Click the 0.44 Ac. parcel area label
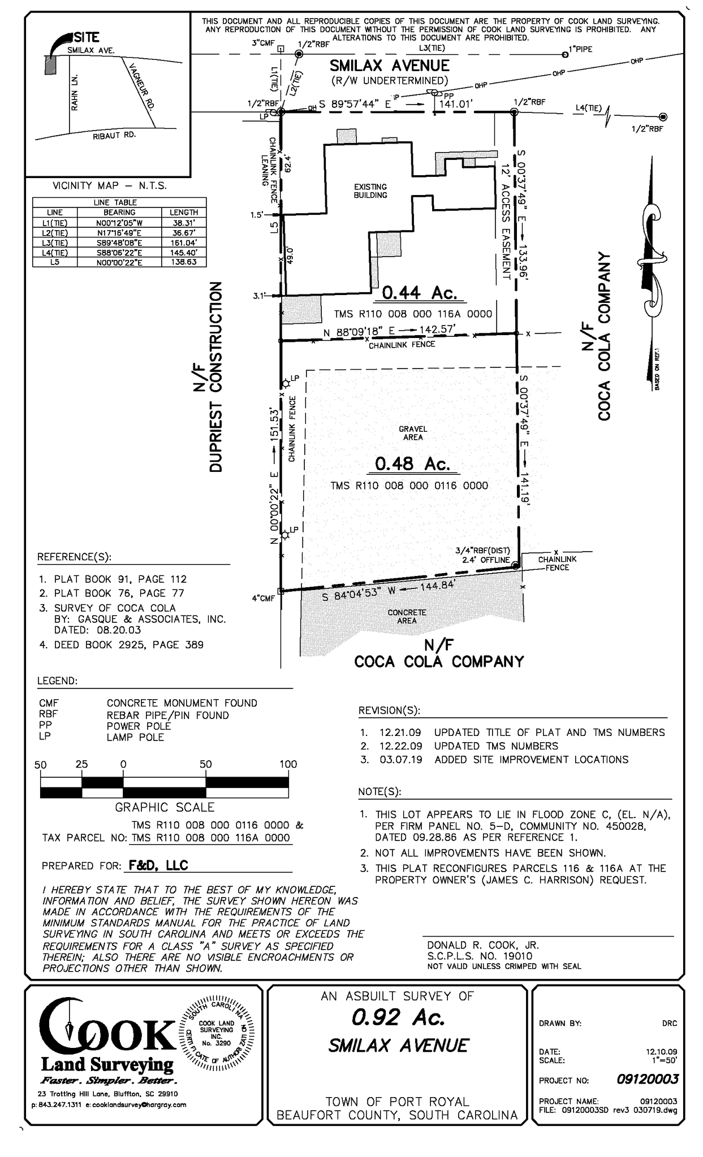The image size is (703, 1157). pyautogui.click(x=419, y=293)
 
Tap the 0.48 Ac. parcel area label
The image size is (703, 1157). pyautogui.click(x=412, y=464)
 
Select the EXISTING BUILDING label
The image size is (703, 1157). pyautogui.click(x=370, y=191)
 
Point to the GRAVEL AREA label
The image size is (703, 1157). pyautogui.click(x=413, y=433)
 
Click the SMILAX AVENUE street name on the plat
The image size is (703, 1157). pyautogui.click(x=390, y=66)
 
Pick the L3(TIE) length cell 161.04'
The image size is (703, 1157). pyautogui.click(x=184, y=242)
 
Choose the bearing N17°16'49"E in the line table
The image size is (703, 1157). pyautogui.click(x=119, y=232)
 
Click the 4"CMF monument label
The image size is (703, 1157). pyautogui.click(x=263, y=598)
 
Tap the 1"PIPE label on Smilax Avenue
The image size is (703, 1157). pyautogui.click(x=580, y=49)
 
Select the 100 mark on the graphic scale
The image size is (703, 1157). pyautogui.click(x=288, y=764)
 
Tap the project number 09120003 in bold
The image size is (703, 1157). pyautogui.click(x=647, y=1080)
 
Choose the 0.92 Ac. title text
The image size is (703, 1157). pyautogui.click(x=398, y=1018)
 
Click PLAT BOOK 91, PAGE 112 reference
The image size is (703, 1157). pyautogui.click(x=120, y=579)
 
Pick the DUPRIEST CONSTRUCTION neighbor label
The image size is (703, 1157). pyautogui.click(x=216, y=376)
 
